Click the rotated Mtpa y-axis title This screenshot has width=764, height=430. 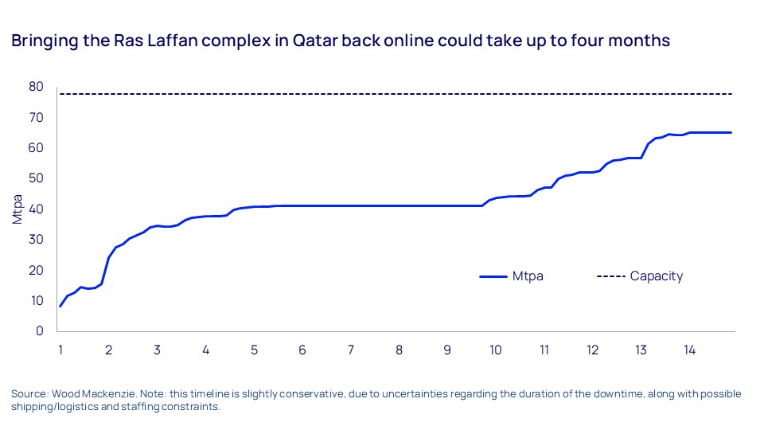(x=18, y=209)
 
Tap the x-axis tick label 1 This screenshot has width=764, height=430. (x=60, y=350)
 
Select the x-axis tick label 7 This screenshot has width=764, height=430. (x=351, y=350)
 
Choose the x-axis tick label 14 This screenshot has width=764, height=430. (x=689, y=350)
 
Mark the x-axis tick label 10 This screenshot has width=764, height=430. (x=496, y=350)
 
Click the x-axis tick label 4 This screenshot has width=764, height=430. (x=205, y=350)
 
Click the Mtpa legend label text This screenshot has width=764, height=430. (x=528, y=276)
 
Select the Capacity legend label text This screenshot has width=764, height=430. (x=657, y=276)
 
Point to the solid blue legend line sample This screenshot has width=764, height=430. (x=493, y=276)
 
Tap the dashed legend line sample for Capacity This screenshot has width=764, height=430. (x=610, y=276)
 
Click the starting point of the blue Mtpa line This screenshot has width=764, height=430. (x=60, y=306)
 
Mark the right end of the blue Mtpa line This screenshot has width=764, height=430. (x=731, y=132)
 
